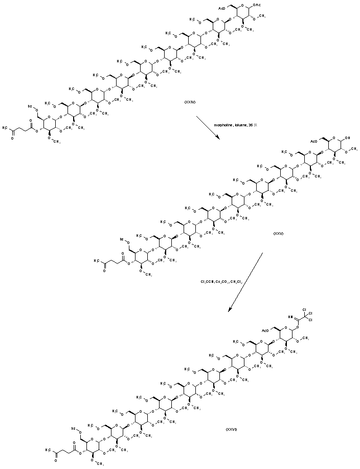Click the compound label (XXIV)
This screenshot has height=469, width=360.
pos(190,102)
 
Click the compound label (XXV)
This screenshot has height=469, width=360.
pos(278,233)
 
